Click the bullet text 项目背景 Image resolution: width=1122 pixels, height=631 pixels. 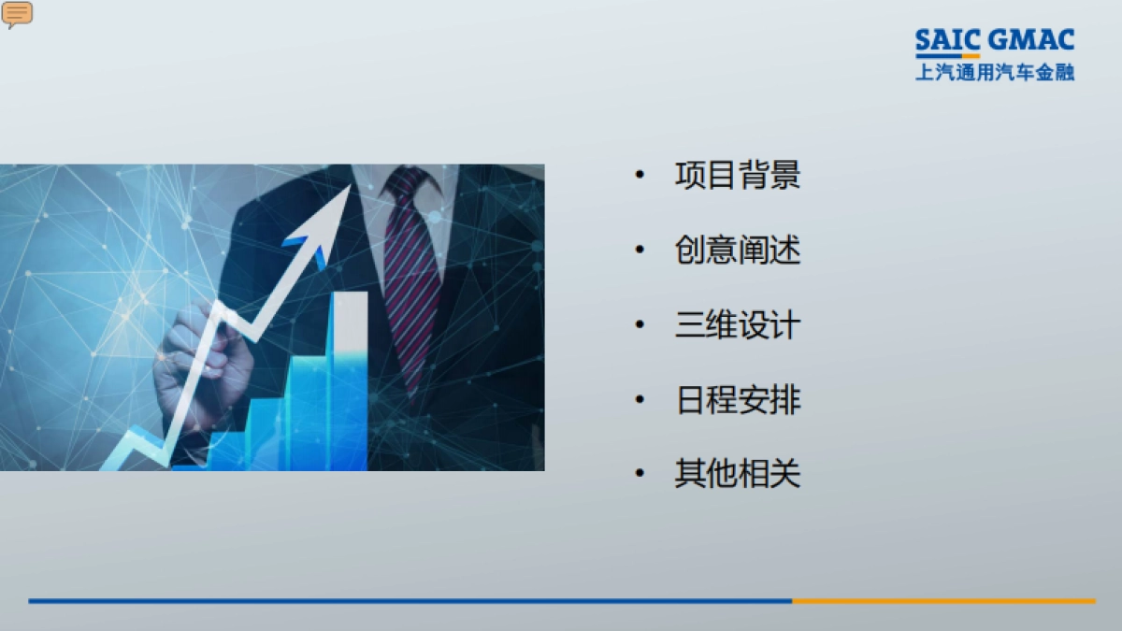738,176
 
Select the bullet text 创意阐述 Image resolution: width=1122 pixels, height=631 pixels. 738,251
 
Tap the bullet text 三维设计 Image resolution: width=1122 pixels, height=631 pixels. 738,325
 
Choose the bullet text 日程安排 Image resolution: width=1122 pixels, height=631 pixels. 738,400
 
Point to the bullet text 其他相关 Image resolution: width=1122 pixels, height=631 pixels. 738,475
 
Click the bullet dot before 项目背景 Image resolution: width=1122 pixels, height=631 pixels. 640,176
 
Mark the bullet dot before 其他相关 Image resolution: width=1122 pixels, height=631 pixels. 640,475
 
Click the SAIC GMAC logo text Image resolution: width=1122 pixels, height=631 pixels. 995,41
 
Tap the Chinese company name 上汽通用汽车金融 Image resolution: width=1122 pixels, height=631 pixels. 995,72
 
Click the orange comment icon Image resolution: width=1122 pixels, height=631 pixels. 17,13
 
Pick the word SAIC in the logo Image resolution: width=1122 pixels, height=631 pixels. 947,41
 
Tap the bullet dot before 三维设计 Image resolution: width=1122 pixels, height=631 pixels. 640,325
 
